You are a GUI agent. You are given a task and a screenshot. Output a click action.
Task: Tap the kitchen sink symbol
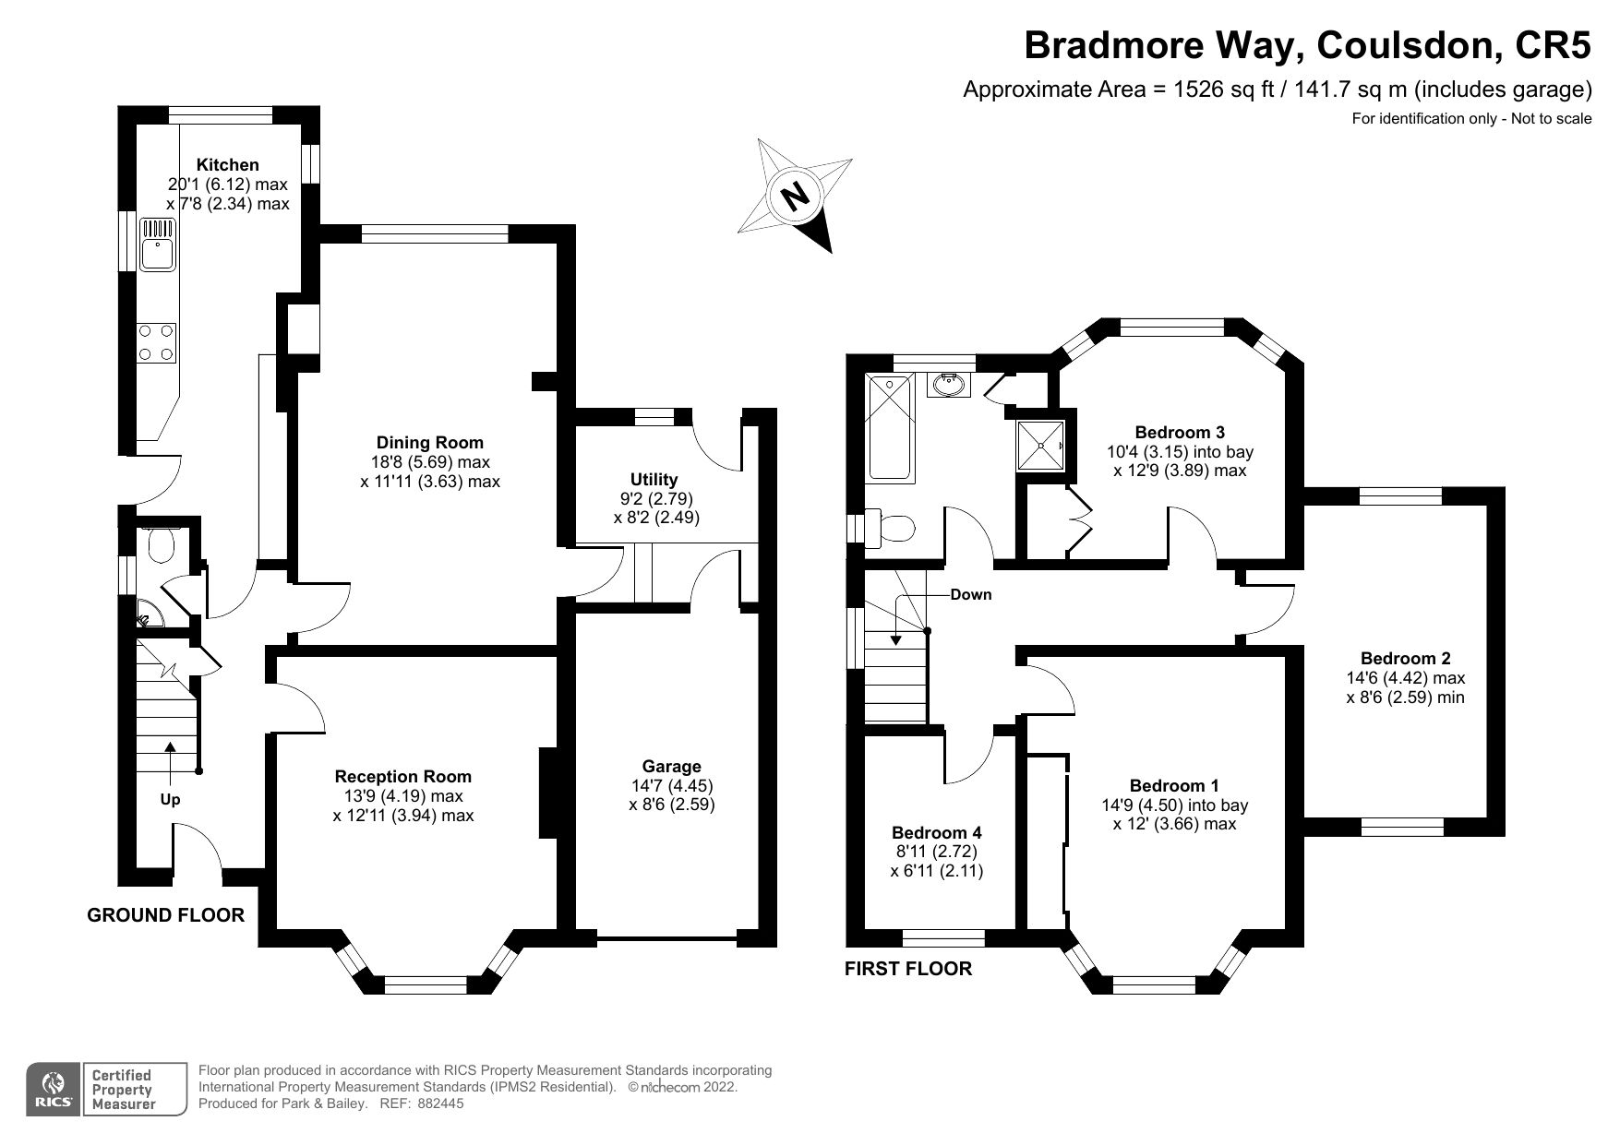click(x=158, y=244)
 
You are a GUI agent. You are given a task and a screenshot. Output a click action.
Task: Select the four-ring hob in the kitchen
click(x=156, y=341)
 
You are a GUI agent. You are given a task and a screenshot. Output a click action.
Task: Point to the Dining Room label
click(x=429, y=443)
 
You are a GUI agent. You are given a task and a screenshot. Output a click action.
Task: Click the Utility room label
click(x=654, y=480)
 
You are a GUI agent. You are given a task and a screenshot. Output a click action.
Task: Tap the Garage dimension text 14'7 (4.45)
click(x=671, y=785)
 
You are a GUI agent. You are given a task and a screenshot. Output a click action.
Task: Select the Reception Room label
click(x=402, y=777)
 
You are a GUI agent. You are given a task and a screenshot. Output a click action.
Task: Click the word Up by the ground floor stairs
click(x=170, y=800)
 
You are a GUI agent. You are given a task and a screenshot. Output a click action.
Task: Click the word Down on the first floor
click(x=971, y=595)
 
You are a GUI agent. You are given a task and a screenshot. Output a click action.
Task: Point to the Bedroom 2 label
click(x=1405, y=659)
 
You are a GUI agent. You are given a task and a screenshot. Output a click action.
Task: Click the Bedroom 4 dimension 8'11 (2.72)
click(x=936, y=852)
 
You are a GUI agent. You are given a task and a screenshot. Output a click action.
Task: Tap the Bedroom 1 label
click(x=1174, y=786)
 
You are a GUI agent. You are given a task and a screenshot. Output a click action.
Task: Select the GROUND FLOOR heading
click(x=165, y=915)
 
